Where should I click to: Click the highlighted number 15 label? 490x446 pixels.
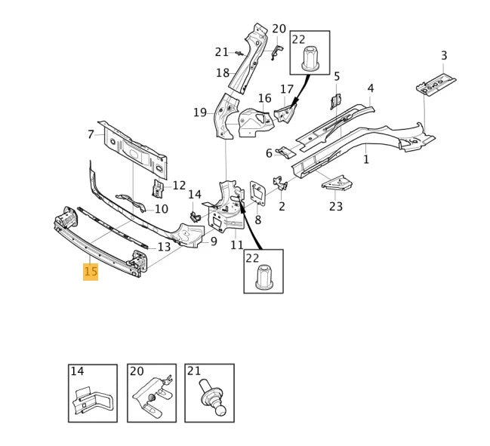click(x=91, y=272)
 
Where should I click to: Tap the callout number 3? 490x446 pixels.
click(x=444, y=55)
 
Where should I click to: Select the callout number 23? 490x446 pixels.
click(x=336, y=206)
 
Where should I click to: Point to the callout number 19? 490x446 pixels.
click(x=199, y=112)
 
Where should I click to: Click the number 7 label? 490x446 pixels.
click(x=91, y=134)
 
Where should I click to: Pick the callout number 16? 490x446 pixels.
click(x=264, y=98)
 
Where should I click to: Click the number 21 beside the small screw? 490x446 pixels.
click(x=221, y=52)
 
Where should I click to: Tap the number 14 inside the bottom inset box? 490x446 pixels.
click(x=77, y=371)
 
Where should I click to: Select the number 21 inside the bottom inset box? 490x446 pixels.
click(x=193, y=371)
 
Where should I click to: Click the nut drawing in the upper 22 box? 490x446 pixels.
click(x=310, y=59)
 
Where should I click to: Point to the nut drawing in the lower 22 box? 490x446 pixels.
click(x=263, y=277)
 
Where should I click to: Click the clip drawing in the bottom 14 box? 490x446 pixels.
click(x=93, y=398)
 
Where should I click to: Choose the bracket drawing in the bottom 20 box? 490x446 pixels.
click(x=151, y=396)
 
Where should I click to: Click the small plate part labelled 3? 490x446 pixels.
click(x=436, y=84)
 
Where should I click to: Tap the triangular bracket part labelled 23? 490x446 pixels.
click(x=337, y=183)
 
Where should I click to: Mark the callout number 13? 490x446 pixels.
click(x=164, y=247)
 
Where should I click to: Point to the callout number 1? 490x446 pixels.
click(x=366, y=159)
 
